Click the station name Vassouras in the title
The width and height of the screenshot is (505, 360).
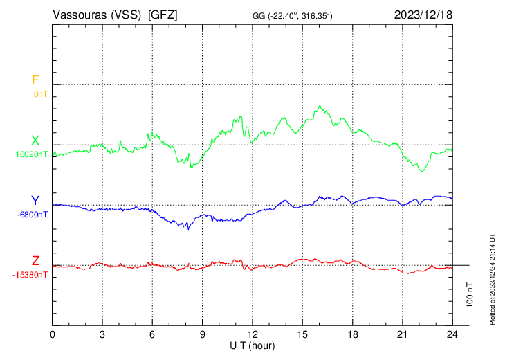(78, 15)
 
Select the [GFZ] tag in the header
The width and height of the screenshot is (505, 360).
(163, 15)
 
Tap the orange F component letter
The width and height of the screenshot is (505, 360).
(35, 80)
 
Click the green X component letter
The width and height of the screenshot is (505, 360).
(35, 141)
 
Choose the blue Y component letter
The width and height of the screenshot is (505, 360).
(35, 201)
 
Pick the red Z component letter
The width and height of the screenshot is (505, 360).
(35, 261)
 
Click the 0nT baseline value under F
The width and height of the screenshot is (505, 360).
(40, 93)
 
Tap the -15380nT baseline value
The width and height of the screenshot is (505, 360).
(30, 275)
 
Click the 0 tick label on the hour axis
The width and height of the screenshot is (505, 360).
(53, 334)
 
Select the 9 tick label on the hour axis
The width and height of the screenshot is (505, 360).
(203, 334)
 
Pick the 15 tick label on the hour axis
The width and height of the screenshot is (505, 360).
(302, 334)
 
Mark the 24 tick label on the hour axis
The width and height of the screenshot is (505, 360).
(452, 334)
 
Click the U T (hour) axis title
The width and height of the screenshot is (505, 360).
(252, 345)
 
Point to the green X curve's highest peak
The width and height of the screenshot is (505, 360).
(320, 106)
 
